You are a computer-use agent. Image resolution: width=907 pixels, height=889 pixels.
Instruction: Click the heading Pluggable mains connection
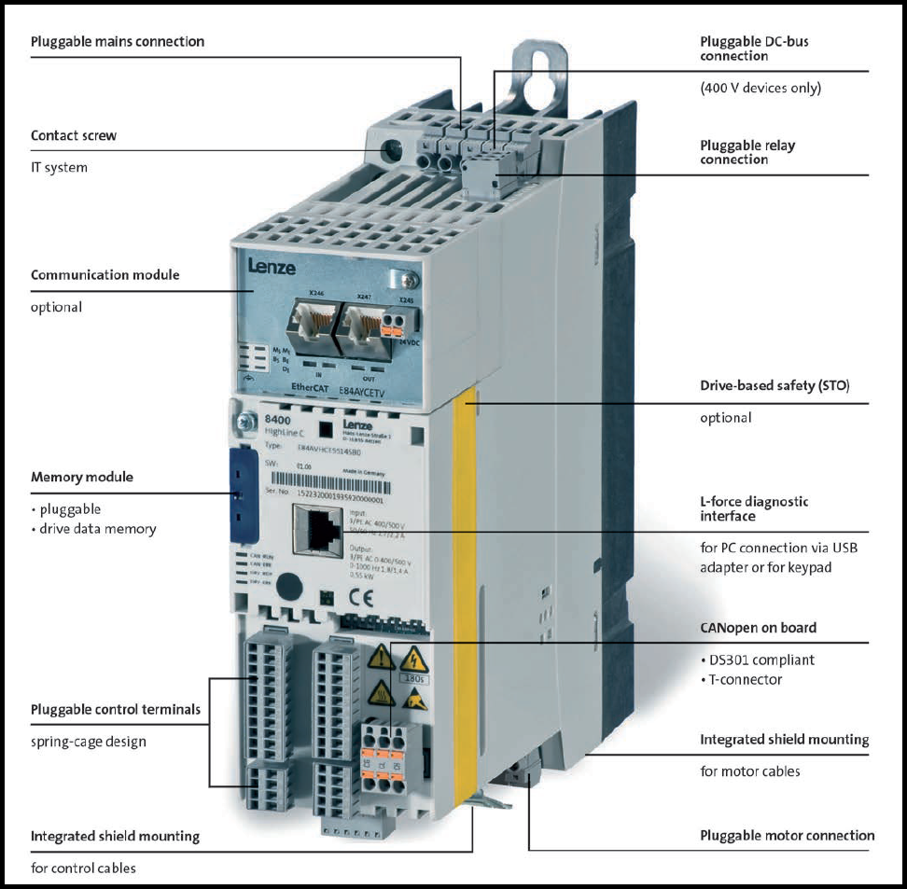pos(118,42)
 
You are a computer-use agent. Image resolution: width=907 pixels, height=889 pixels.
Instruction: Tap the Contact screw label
pos(74,135)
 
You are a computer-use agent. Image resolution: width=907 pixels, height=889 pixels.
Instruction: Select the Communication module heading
pos(105,275)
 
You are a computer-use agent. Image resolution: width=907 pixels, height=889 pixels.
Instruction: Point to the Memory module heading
pos(82,477)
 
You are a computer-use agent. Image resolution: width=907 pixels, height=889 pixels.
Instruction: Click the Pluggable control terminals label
pos(116,710)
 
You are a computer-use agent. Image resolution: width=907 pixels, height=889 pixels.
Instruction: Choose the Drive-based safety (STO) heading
pos(774,385)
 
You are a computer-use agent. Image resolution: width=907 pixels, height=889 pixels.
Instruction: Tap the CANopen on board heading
pos(759,628)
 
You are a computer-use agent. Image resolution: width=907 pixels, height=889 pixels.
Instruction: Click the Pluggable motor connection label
pos(787,836)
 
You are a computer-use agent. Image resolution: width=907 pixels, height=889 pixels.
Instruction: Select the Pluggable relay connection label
pos(747,152)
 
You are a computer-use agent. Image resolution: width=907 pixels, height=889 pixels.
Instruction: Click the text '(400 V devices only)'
pos(760,89)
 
